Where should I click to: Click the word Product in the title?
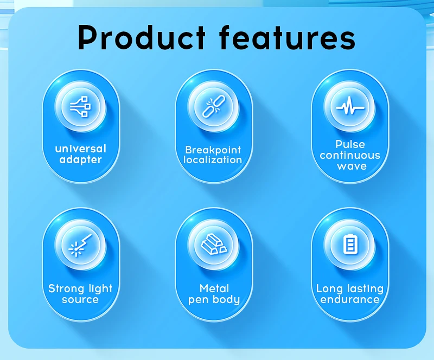[x=142, y=37]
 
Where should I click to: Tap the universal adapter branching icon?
[x=80, y=106]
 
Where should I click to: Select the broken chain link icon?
[x=213, y=106]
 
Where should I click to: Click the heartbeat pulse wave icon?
[x=350, y=106]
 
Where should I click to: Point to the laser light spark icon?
[x=80, y=245]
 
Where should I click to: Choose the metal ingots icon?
[x=214, y=245]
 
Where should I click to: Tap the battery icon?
[x=350, y=245]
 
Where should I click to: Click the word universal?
[x=80, y=149]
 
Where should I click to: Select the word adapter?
[x=80, y=160]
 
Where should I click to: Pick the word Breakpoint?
[x=213, y=150]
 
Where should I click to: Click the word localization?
[x=213, y=160]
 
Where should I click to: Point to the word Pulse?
[x=350, y=144]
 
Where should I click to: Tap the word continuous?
[x=350, y=155]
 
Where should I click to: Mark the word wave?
[x=352, y=166]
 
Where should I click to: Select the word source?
[x=80, y=300]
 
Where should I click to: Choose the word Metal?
[x=214, y=288]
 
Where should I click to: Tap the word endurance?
[x=350, y=299]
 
